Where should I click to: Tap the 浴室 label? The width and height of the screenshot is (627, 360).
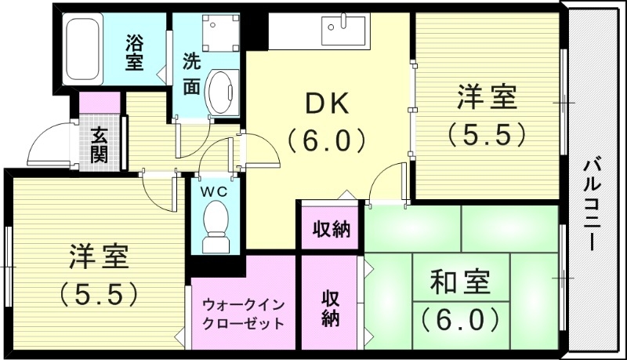[x=134, y=51]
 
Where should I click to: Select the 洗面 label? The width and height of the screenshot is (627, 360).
[x=191, y=75]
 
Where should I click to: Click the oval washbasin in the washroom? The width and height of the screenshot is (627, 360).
[x=223, y=92]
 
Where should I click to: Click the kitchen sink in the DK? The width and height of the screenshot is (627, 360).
[x=342, y=32]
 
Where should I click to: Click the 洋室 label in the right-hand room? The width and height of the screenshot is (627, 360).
[x=487, y=100]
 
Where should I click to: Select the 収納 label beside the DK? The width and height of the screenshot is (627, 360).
[x=332, y=230]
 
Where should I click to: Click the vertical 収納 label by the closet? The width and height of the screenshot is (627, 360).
[x=329, y=309]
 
